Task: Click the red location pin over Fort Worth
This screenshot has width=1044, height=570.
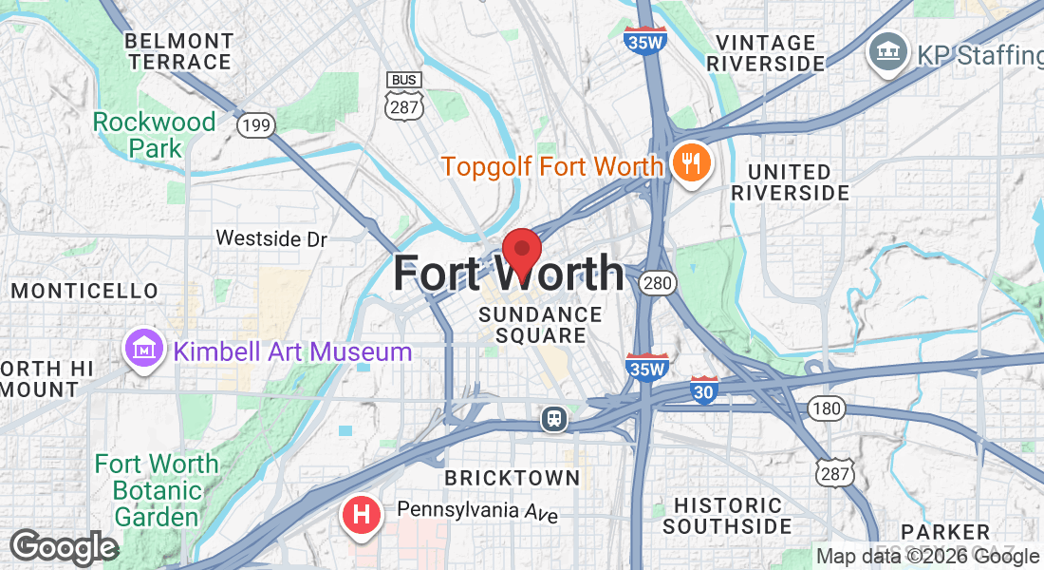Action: [x=521, y=252]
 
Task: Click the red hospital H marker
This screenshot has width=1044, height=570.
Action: [x=361, y=516]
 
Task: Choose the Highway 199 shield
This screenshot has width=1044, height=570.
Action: [x=254, y=124]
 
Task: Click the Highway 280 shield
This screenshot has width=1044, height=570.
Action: [x=657, y=282]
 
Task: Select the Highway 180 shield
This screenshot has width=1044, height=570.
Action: [x=826, y=408]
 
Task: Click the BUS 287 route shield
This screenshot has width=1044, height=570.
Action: [x=403, y=96]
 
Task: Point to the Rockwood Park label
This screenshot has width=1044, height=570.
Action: [x=155, y=135]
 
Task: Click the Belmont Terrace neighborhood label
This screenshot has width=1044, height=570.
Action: [x=179, y=52]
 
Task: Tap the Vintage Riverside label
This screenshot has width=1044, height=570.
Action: [x=767, y=53]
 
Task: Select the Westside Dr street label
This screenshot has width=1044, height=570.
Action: [x=271, y=238]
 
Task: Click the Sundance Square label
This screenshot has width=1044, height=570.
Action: [x=540, y=325]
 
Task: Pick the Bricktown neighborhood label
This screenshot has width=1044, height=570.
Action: [x=513, y=478]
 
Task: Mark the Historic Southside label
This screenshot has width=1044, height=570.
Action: [x=727, y=516]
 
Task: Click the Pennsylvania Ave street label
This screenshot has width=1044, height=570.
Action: [x=477, y=512]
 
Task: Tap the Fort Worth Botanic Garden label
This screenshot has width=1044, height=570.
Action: [x=156, y=490]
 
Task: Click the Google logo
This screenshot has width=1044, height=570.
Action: [x=64, y=548]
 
